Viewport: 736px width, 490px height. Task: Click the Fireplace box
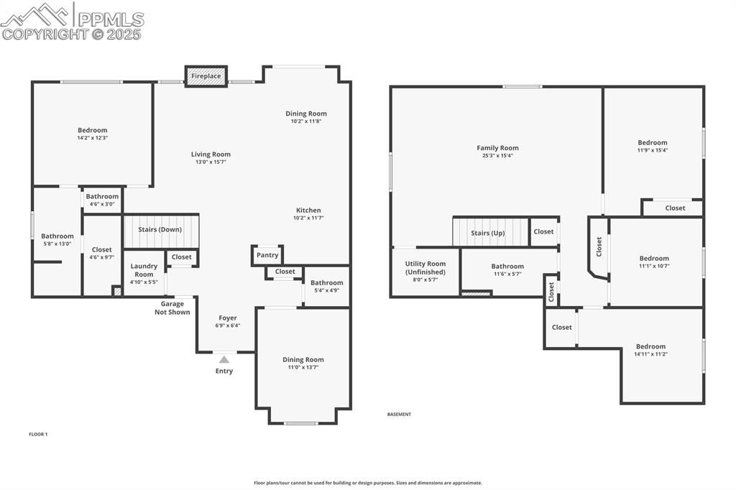coord(206,76)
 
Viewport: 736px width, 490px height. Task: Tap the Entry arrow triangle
coord(224,360)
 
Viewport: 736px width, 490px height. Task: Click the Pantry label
coord(267,255)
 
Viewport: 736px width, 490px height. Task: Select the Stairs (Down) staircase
coord(161,230)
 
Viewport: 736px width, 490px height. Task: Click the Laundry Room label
coord(144,270)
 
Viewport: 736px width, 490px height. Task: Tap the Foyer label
coord(227,318)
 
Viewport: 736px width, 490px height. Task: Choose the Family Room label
coord(497,148)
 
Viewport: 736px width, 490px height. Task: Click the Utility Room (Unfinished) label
coord(425,268)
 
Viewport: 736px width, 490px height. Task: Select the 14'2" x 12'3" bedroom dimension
coord(93,138)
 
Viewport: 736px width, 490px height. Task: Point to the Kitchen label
coord(308,211)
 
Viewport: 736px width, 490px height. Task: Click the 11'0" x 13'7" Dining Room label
coord(303,360)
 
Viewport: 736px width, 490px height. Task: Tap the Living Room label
coord(211,154)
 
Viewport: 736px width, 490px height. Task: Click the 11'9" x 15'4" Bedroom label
coord(652,143)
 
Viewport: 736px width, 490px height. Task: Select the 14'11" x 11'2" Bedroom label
coord(650,346)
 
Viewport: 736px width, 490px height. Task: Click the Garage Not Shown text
coord(172,308)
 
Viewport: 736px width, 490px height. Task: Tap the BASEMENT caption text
coord(399,415)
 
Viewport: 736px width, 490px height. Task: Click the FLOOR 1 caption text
coord(38,434)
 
